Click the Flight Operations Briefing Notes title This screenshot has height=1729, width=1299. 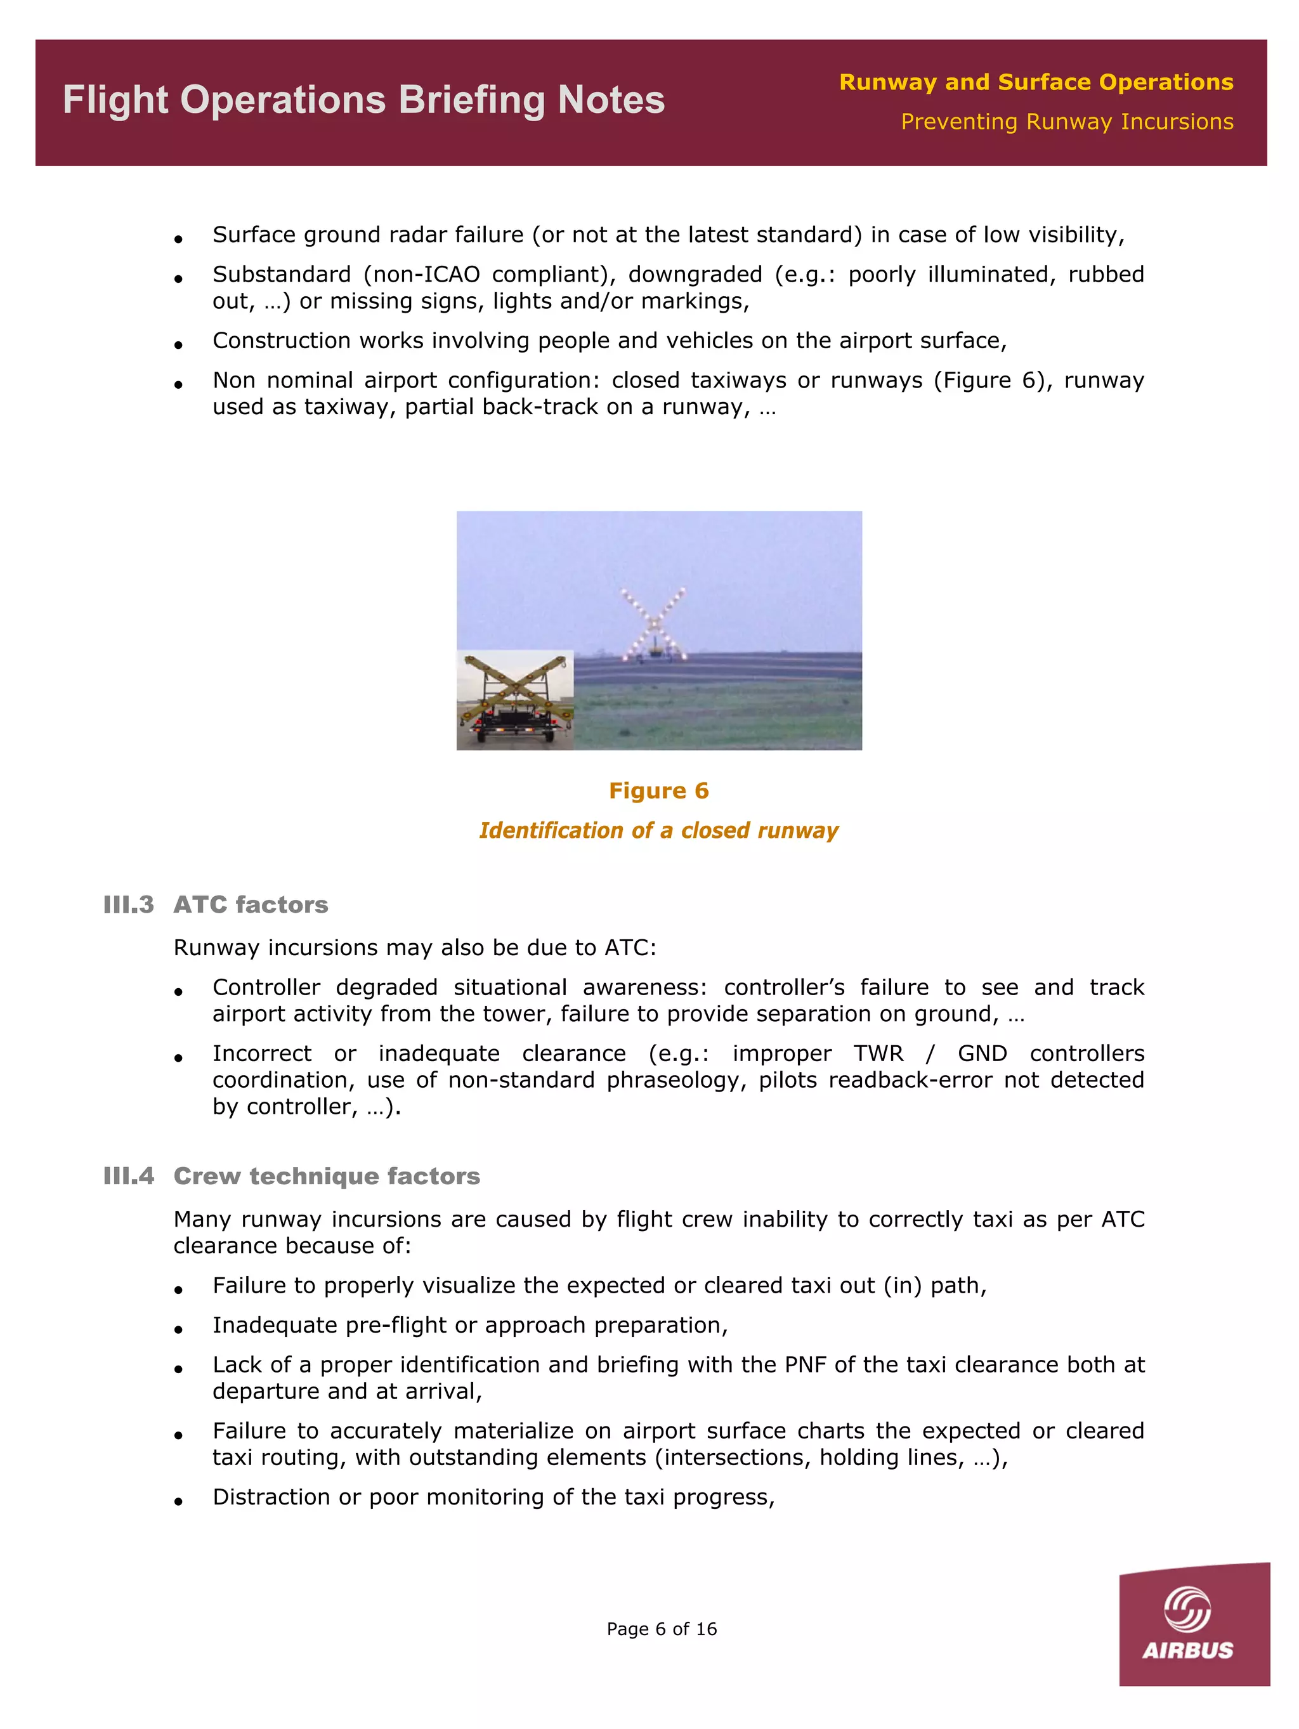363,101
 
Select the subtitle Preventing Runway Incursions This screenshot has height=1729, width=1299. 1066,122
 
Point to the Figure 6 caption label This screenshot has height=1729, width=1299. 658,790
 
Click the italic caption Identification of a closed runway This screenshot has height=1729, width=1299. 658,830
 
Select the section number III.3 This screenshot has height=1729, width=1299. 128,904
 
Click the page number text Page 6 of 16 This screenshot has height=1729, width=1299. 661,1629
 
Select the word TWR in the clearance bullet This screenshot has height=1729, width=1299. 878,1054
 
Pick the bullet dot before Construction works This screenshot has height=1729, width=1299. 179,344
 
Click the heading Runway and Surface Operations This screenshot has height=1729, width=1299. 1036,82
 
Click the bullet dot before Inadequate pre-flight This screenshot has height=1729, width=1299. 179,1329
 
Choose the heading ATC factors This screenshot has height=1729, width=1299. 250,904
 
